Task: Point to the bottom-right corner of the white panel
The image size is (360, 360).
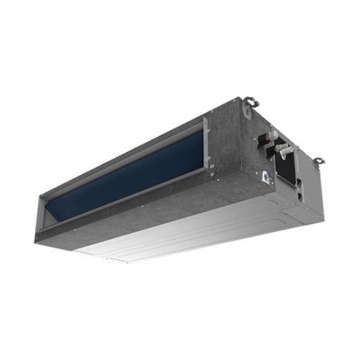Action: pyautogui.click(x=310, y=211)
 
